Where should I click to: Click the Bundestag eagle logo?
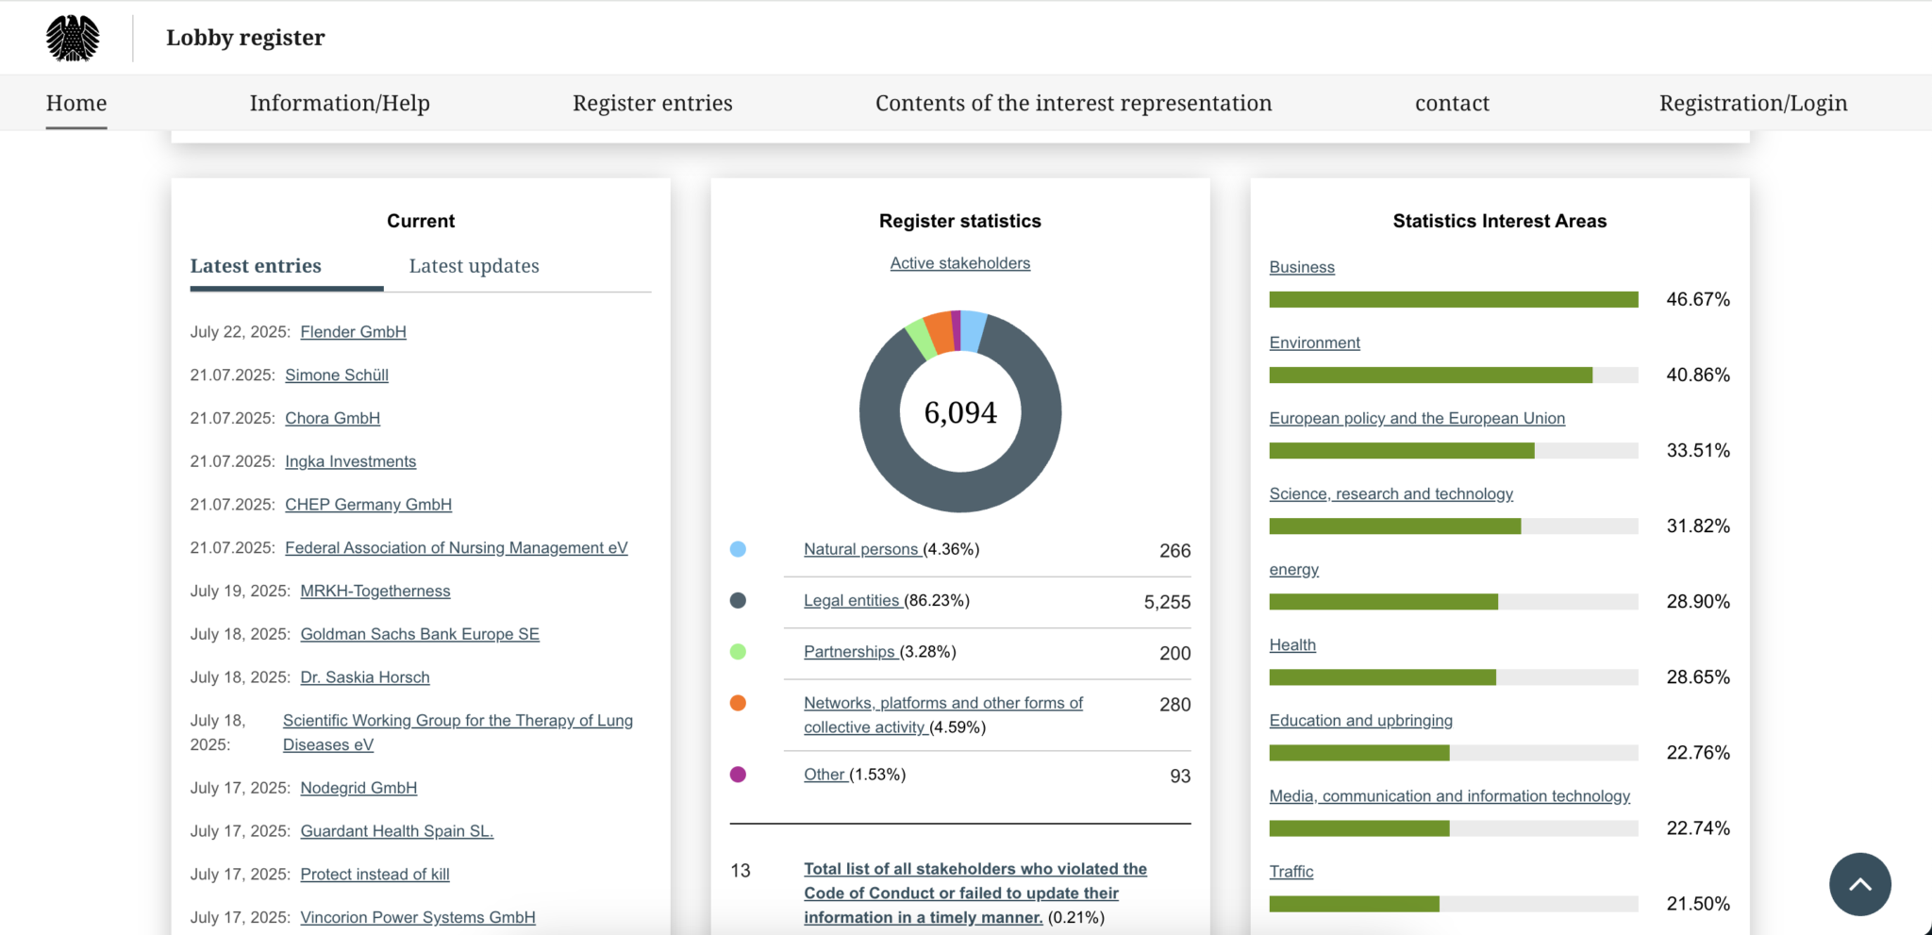[x=73, y=38]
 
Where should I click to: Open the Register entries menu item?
[x=652, y=103]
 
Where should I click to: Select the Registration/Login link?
[x=1753, y=103]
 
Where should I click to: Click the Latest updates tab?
[x=474, y=266]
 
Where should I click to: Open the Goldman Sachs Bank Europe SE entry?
[x=420, y=634]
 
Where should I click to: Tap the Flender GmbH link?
[x=353, y=332]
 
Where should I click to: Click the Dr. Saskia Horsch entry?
[x=364, y=677]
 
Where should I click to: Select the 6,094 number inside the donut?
[x=959, y=412]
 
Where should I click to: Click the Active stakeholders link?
[x=959, y=263]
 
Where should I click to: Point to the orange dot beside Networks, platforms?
[x=738, y=703]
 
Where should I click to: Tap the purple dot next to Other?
[x=738, y=775]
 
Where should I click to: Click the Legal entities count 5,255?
[x=1166, y=602]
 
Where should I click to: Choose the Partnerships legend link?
[x=849, y=652]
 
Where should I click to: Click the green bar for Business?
[x=1453, y=300]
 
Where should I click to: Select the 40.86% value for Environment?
[x=1697, y=375]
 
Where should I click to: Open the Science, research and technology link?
[x=1391, y=494]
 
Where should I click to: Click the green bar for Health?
[x=1382, y=677]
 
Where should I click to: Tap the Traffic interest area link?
[x=1291, y=872]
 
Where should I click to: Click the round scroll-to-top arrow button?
[x=1859, y=884]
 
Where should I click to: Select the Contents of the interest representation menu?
[x=1073, y=103]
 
